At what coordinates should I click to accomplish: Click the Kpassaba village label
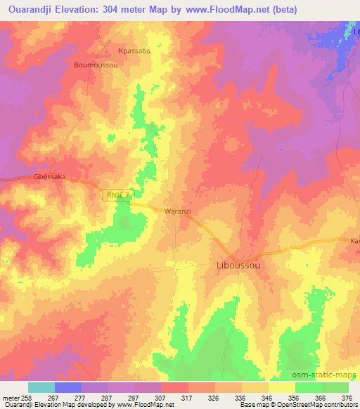[x=134, y=51]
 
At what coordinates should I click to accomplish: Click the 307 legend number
[x=161, y=397]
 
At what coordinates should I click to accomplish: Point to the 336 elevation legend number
[x=241, y=397]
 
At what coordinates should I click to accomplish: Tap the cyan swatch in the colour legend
[x=41, y=387]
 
